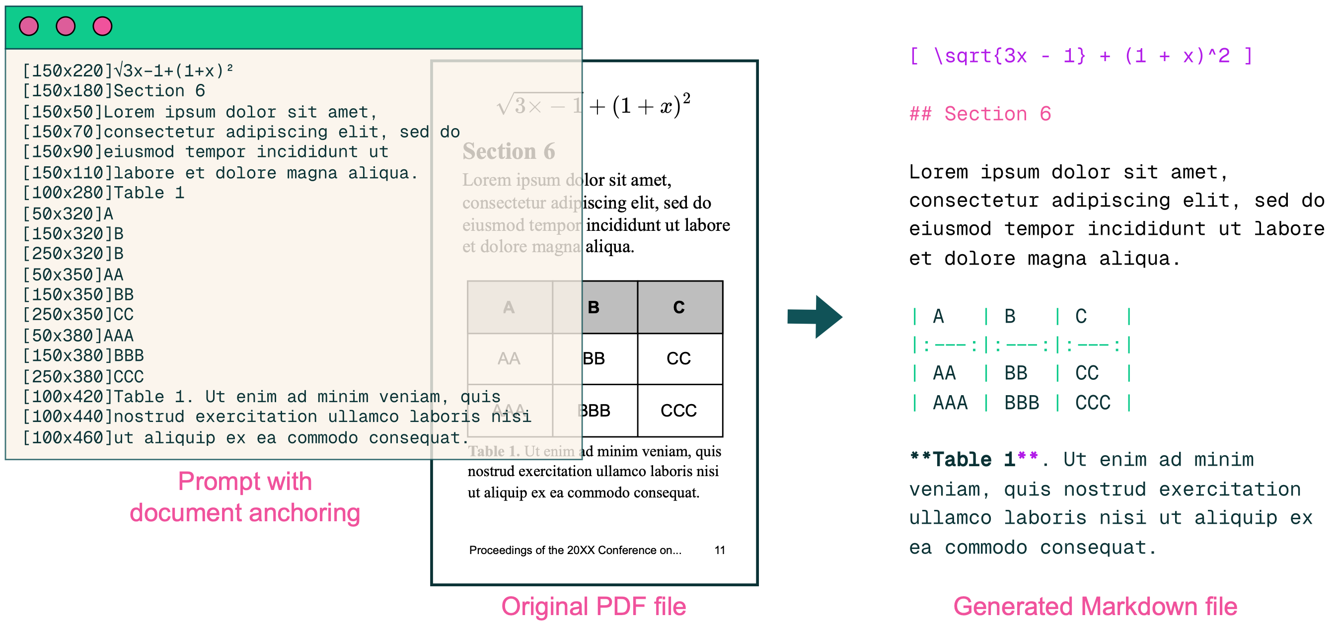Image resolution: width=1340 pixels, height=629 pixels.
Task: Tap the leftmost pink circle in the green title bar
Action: click(x=29, y=26)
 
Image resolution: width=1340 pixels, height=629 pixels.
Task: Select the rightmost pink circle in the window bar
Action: click(x=102, y=26)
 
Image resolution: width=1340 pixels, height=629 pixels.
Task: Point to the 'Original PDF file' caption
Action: click(x=594, y=606)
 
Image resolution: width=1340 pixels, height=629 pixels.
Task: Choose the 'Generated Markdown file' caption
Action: click(x=1095, y=606)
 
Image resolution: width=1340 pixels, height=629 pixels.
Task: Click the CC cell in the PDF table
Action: click(x=678, y=359)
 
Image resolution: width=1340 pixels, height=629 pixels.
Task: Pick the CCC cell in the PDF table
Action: click(x=678, y=411)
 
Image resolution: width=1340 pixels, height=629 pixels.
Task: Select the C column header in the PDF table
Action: click(x=678, y=307)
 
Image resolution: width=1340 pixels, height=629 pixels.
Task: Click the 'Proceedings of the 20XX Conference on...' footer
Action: click(x=575, y=550)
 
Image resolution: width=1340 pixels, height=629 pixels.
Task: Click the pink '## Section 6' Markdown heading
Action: click(x=980, y=114)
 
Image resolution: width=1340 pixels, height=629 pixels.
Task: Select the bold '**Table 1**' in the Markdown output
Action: click(x=973, y=459)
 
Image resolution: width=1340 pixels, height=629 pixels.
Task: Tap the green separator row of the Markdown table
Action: click(x=1022, y=345)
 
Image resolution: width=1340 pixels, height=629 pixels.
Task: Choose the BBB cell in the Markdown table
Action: click(x=1022, y=402)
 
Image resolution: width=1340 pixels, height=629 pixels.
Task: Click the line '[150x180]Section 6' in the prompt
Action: click(x=114, y=91)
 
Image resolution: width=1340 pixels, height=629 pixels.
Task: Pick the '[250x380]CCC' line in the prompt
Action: click(x=83, y=376)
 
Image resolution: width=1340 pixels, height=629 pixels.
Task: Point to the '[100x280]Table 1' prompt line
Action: click(x=103, y=193)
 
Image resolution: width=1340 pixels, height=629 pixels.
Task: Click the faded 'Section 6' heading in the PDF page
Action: click(x=508, y=151)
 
